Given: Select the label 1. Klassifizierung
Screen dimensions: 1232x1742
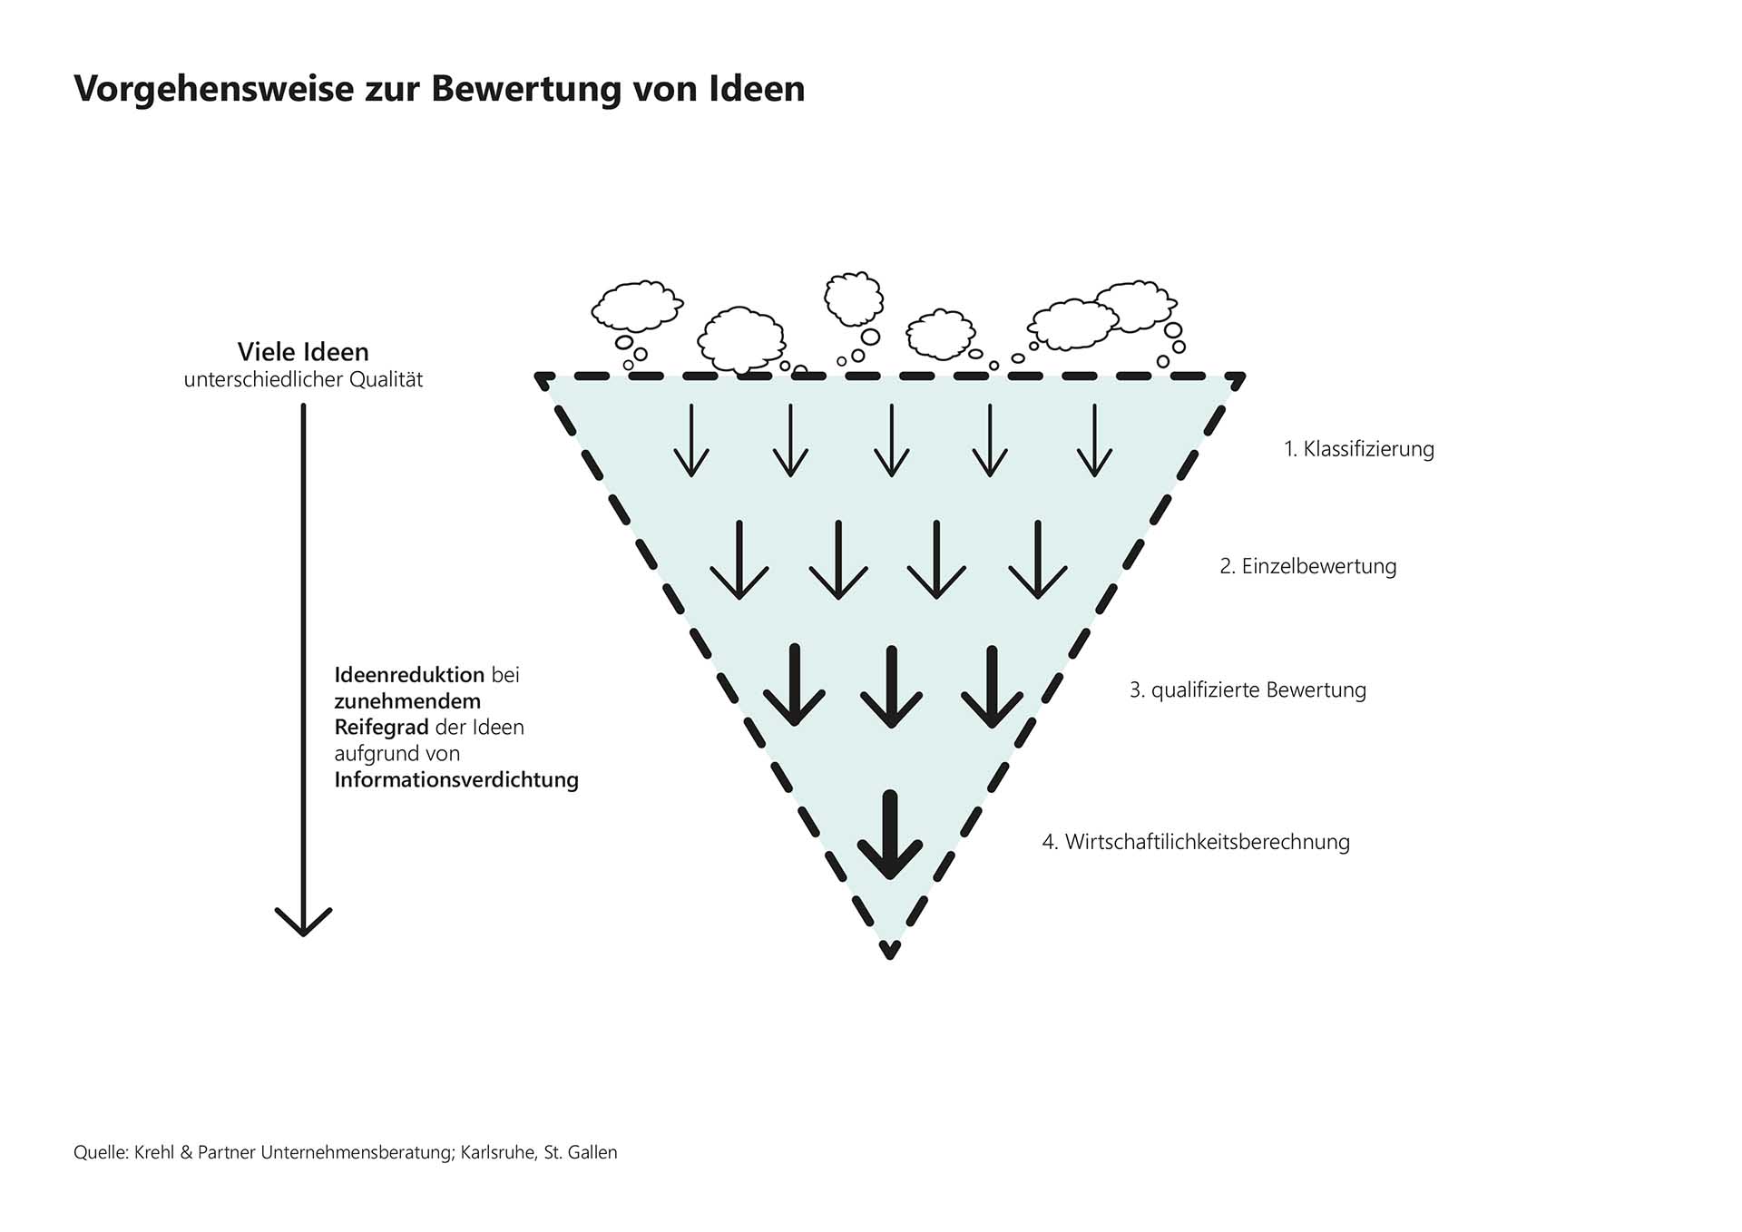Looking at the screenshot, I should (1358, 449).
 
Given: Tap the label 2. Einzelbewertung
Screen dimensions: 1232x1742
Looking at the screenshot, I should (1307, 566).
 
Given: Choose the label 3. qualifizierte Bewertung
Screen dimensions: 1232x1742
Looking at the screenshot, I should (1248, 689).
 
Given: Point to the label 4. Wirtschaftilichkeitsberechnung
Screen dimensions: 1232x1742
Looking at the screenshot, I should (1196, 842).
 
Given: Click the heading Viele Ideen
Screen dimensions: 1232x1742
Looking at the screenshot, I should (303, 352).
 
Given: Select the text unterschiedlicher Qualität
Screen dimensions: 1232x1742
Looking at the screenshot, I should (303, 380).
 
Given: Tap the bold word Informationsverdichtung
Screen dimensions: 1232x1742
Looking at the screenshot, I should (456, 780).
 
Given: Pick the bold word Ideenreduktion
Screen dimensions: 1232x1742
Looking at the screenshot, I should (409, 675).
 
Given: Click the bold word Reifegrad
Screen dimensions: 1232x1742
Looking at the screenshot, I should (381, 728).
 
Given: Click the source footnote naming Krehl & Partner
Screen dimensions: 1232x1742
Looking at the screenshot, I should (345, 1153).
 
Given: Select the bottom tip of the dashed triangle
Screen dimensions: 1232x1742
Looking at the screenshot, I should (890, 953).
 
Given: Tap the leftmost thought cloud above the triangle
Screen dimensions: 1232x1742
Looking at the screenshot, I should (636, 306).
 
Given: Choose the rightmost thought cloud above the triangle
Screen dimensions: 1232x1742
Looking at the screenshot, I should (1135, 305).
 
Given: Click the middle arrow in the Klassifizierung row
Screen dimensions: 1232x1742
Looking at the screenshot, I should (891, 442).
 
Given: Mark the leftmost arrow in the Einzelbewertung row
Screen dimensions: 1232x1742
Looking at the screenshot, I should (739, 561).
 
